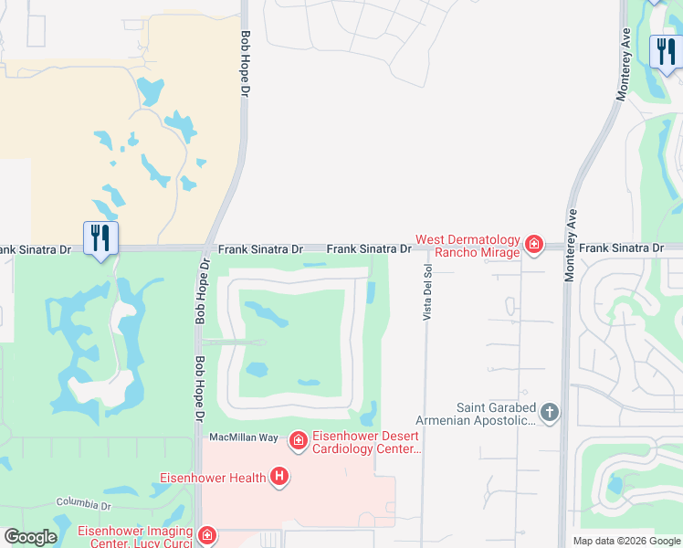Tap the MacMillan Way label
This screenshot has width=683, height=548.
[x=244, y=437]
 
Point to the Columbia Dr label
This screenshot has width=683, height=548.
[x=83, y=503]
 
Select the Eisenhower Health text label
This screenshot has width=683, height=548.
[x=213, y=477]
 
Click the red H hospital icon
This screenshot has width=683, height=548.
[x=280, y=477]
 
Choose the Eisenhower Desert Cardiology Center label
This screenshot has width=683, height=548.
[x=366, y=442]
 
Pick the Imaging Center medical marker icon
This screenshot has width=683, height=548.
[x=207, y=535]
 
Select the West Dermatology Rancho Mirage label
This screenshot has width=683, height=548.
[x=468, y=246]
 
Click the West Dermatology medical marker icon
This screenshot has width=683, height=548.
[x=534, y=245]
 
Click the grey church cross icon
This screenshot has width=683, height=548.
[x=550, y=413]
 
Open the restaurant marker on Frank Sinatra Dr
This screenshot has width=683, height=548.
[x=100, y=238]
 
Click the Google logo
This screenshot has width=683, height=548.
[x=30, y=537]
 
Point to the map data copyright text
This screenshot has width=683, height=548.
[x=627, y=541]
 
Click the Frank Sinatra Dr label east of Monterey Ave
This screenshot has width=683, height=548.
[x=621, y=248]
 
